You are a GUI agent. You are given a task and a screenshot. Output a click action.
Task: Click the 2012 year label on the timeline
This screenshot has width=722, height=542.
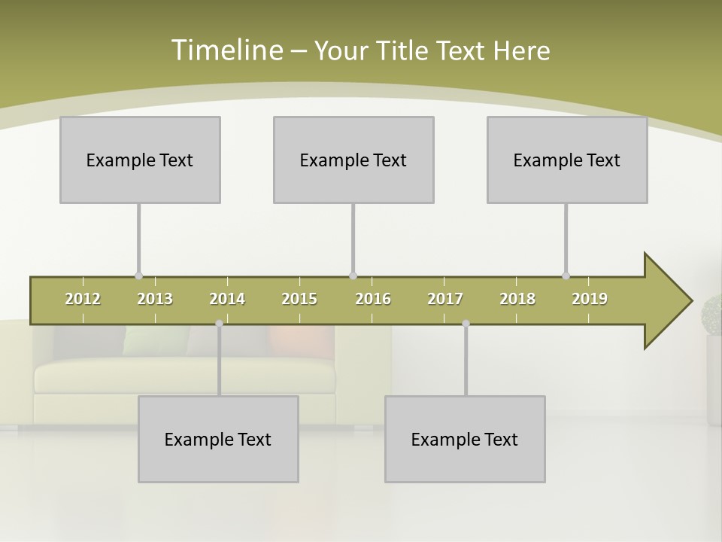(x=83, y=299)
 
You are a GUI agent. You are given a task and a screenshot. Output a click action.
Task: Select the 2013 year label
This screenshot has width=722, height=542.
(x=155, y=299)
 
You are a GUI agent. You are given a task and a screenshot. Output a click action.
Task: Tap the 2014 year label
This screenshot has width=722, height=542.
(x=227, y=299)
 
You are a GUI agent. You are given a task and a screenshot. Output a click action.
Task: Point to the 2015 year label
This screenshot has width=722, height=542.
(x=299, y=299)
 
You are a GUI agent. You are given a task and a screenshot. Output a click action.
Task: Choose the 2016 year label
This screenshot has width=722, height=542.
(x=373, y=299)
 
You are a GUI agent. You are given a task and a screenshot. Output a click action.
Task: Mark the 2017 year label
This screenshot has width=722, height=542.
(x=445, y=299)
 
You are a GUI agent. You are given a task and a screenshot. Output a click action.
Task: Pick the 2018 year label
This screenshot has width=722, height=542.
(x=517, y=299)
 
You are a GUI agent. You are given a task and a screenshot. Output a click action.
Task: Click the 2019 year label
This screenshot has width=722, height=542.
(x=590, y=299)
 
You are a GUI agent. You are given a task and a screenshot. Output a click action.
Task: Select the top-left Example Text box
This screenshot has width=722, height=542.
(x=140, y=160)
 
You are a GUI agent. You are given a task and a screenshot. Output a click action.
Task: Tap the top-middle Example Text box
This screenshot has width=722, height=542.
(x=353, y=160)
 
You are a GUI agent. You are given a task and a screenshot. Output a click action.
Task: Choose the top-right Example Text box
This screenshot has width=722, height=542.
(x=567, y=160)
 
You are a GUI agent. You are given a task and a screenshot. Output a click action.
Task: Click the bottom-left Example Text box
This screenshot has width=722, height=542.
(x=218, y=440)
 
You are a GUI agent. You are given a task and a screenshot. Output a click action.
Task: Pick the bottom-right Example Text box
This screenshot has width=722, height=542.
(x=465, y=440)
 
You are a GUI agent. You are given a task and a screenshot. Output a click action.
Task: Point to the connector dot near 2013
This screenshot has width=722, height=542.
(x=138, y=276)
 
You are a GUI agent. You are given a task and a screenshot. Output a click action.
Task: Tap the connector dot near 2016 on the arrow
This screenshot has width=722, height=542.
(x=353, y=276)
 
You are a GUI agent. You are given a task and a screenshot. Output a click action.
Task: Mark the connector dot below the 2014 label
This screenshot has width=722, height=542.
(x=219, y=324)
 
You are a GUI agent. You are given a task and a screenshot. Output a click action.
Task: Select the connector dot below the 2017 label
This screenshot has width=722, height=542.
(x=466, y=324)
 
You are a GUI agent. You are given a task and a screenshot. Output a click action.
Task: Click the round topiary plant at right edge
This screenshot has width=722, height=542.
(x=712, y=313)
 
